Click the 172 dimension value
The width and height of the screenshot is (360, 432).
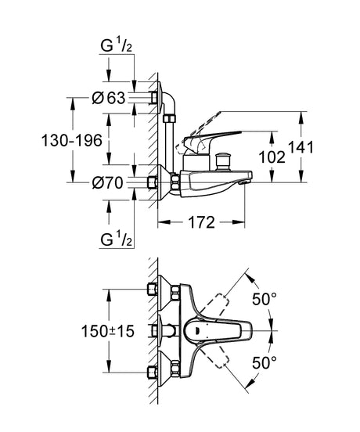201,222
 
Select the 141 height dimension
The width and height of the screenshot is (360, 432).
301,147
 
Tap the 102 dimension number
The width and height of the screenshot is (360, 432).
272,157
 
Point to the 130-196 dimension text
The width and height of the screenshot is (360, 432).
72,141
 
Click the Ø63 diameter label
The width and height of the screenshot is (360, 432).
109,98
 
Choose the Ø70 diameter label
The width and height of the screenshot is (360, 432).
108,182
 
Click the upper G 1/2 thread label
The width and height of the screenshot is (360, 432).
117,45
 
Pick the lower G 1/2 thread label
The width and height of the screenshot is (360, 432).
117,239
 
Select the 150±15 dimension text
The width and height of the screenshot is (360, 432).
108,331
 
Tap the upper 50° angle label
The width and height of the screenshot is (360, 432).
265,299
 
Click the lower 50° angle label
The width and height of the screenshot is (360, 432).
265,362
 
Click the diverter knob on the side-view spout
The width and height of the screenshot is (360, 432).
222,161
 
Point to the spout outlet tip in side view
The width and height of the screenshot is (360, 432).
246,182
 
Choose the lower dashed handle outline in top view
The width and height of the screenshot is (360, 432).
214,356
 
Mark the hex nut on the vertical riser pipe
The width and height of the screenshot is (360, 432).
169,119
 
